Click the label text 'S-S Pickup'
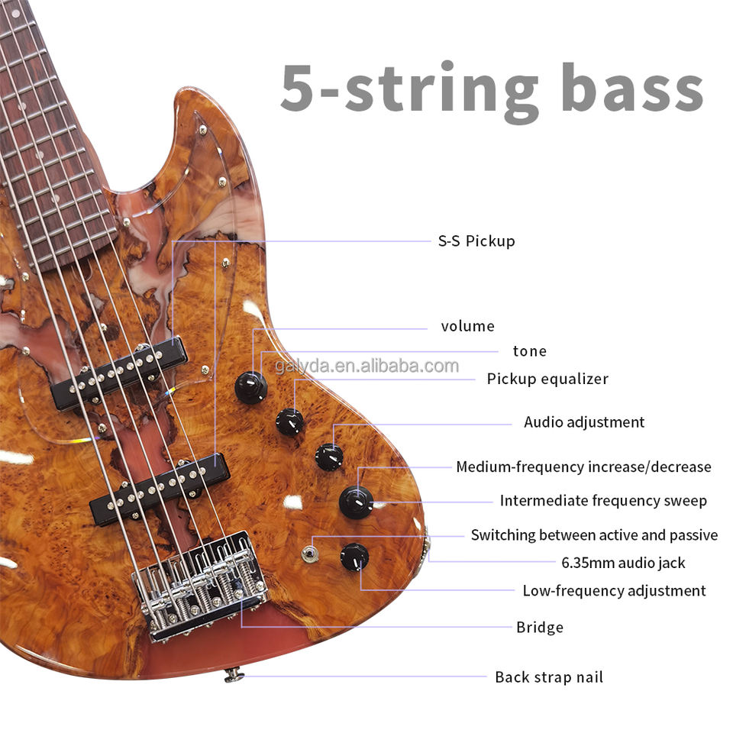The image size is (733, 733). click(476, 241)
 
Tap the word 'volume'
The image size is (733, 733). click(467, 327)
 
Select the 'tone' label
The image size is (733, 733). click(529, 351)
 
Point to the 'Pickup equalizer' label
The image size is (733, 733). click(547, 379)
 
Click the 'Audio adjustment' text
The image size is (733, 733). click(584, 422)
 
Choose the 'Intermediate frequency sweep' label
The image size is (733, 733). click(603, 501)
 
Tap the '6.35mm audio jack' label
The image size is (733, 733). click(623, 563)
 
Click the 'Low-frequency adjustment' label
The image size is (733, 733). click(614, 591)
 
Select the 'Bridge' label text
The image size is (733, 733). click(540, 628)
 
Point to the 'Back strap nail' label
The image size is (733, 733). click(549, 677)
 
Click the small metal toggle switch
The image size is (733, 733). click(309, 553)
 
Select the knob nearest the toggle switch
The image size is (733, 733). click(354, 557)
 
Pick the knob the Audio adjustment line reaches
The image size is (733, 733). click(329, 457)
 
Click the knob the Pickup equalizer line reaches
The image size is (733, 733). click(289, 421)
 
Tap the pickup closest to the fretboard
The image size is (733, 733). click(119, 373)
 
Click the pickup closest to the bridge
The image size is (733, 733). click(160, 489)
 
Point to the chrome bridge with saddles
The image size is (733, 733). click(200, 584)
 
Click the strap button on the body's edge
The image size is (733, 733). click(234, 675)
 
